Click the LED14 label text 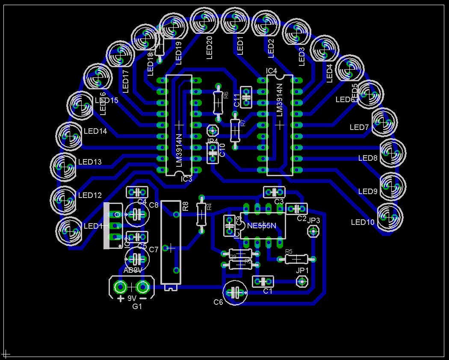click(95, 131)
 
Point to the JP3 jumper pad click(313, 231)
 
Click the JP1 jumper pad click(302, 281)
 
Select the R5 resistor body click(296, 259)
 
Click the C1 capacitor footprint click(263, 281)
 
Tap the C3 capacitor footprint click(274, 192)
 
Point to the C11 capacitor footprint click(246, 97)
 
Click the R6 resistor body click(218, 102)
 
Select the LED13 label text click(90, 162)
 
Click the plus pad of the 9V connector click(121, 287)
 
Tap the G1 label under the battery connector click(137, 307)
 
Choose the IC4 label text click(272, 71)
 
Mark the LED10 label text click(363, 222)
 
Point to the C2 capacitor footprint click(296, 209)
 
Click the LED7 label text click(359, 127)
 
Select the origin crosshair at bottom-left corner click(6, 354)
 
